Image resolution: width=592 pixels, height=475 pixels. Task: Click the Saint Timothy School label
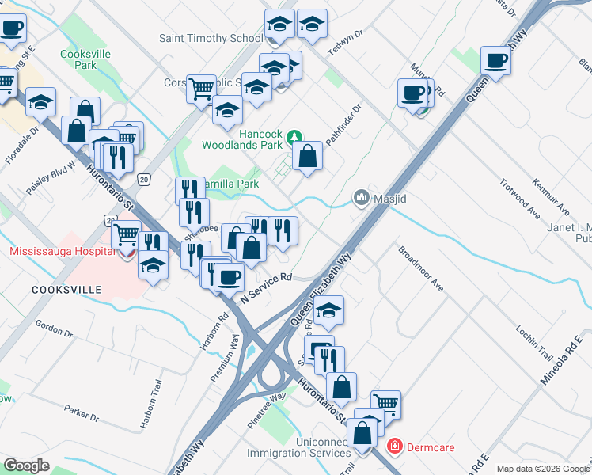tap(211, 38)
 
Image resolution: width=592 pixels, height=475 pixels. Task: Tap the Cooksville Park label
tap(85, 60)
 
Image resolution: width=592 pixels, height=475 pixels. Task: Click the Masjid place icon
tap(362, 196)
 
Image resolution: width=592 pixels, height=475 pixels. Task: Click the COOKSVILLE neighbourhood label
tap(66, 290)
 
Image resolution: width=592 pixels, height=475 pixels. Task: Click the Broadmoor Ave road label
tap(420, 269)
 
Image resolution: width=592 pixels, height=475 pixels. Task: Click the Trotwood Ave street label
tap(519, 199)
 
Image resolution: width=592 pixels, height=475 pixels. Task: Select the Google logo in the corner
tap(26, 465)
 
